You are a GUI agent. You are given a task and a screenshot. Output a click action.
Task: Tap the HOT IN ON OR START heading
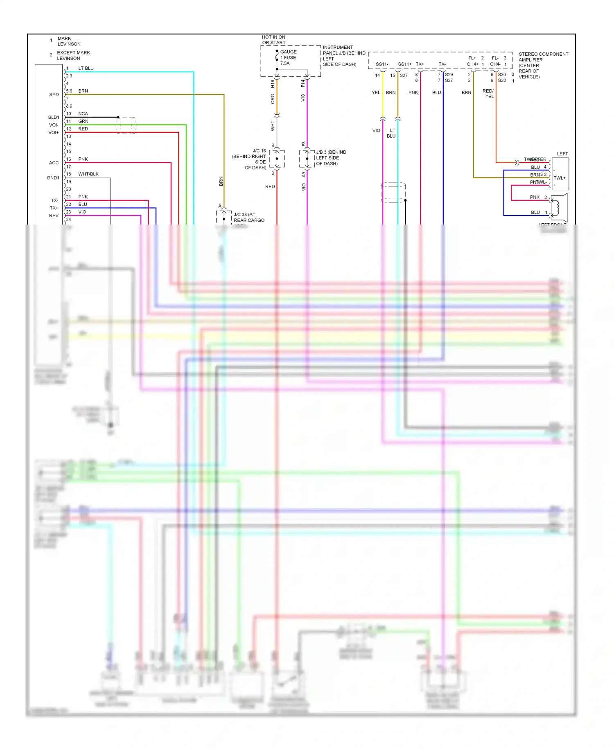click(x=273, y=40)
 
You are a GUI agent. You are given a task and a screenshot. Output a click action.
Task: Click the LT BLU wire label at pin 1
click(x=86, y=68)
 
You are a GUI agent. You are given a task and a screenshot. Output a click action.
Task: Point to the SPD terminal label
click(x=54, y=95)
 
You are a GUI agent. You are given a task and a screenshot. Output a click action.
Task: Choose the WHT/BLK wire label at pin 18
click(x=88, y=174)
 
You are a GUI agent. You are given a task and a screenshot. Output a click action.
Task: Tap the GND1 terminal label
click(x=53, y=178)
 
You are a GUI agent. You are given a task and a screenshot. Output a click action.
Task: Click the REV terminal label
click(x=54, y=216)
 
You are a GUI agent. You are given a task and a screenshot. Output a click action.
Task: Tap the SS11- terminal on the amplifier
click(x=381, y=64)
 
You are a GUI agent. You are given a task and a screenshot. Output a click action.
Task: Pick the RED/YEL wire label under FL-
click(x=488, y=94)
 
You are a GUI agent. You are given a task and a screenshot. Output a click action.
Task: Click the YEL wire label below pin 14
click(x=376, y=93)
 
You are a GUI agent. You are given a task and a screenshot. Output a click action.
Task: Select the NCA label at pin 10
click(x=83, y=113)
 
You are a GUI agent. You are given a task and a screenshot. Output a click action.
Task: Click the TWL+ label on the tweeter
click(x=559, y=178)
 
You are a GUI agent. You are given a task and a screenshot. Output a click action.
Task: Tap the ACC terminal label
click(x=54, y=163)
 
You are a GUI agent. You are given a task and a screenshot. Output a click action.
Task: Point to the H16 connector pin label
click(x=273, y=84)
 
